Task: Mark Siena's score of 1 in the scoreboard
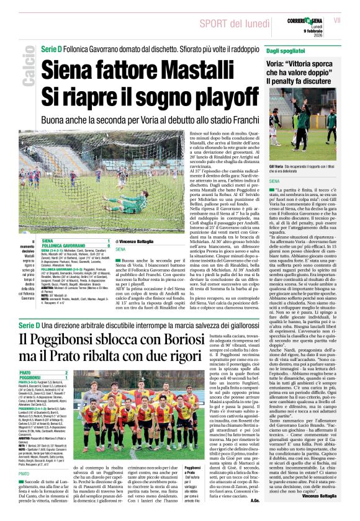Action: click(x=109, y=240)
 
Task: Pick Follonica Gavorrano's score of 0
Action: click(x=109, y=245)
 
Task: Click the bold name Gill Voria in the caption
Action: click(x=277, y=166)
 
